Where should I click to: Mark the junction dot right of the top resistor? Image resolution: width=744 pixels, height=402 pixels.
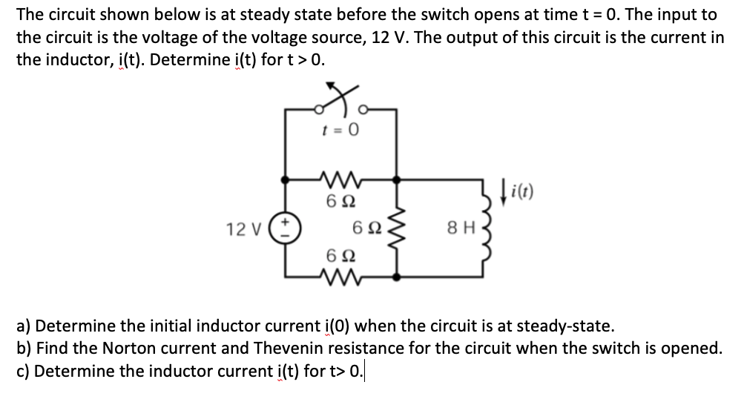pyautogui.click(x=400, y=179)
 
